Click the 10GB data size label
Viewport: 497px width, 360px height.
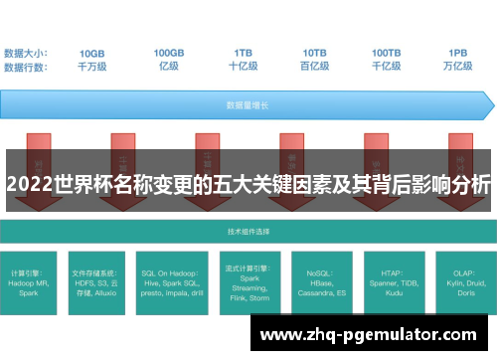coord(92,53)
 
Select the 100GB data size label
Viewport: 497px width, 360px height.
coord(168,53)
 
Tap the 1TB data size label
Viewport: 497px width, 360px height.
coord(244,53)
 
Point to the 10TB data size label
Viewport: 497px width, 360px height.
coord(314,53)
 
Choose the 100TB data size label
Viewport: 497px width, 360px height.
coord(387,53)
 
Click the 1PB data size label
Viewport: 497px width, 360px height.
coord(458,53)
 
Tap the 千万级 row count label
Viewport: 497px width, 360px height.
coord(92,67)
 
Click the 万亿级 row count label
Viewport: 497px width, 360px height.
coord(458,67)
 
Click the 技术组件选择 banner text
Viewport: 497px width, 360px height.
coord(248,232)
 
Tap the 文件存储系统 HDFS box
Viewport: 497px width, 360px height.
coord(97,280)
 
